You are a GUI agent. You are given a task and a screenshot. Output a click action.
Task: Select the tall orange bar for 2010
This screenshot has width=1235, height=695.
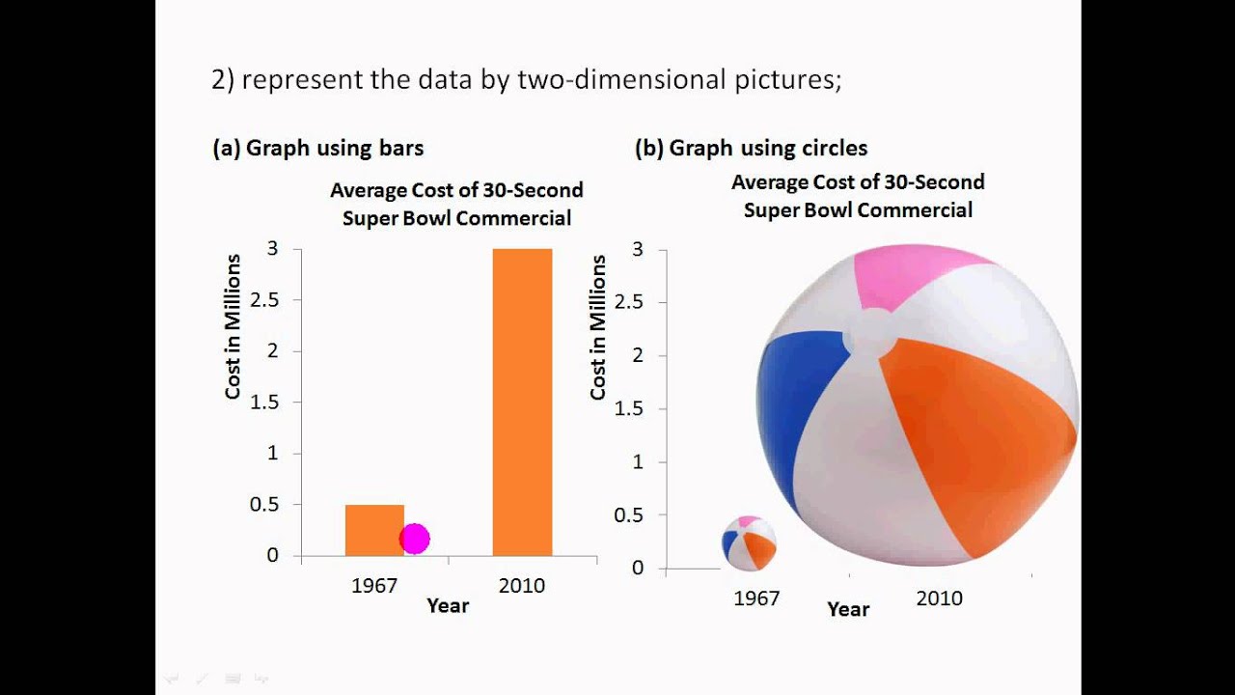[x=522, y=402]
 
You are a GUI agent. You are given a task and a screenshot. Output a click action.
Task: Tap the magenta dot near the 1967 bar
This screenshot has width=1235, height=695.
[x=414, y=539]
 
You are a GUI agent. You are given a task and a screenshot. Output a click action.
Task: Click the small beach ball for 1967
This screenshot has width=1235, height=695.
[x=749, y=543]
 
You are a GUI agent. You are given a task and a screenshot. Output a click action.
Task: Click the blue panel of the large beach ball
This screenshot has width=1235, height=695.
[x=800, y=405]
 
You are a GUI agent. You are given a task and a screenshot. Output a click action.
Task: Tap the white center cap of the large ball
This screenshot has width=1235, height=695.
[x=870, y=333]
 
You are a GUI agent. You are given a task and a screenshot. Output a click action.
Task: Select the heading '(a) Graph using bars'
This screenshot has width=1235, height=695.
[x=317, y=148]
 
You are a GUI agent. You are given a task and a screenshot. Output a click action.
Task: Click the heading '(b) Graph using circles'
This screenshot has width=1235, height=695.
[x=751, y=148]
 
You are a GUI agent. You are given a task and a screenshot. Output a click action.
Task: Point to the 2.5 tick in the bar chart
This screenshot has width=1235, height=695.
[x=264, y=300]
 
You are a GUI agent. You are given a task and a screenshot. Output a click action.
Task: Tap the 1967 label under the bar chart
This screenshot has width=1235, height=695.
[x=374, y=586]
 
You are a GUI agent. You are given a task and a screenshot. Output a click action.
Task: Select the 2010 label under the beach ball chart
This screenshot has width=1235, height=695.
[x=939, y=598]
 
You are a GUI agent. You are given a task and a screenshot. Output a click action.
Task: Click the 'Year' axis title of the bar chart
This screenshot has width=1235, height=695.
[x=448, y=605]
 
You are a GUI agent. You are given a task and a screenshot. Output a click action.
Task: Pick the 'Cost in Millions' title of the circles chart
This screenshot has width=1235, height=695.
[x=598, y=327]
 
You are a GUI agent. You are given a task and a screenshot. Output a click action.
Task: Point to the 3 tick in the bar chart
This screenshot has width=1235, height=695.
[x=272, y=249]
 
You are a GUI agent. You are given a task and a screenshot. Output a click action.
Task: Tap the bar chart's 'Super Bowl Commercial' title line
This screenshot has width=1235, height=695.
[x=456, y=218]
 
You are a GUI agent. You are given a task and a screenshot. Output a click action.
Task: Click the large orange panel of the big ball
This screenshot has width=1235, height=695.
[x=974, y=444]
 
